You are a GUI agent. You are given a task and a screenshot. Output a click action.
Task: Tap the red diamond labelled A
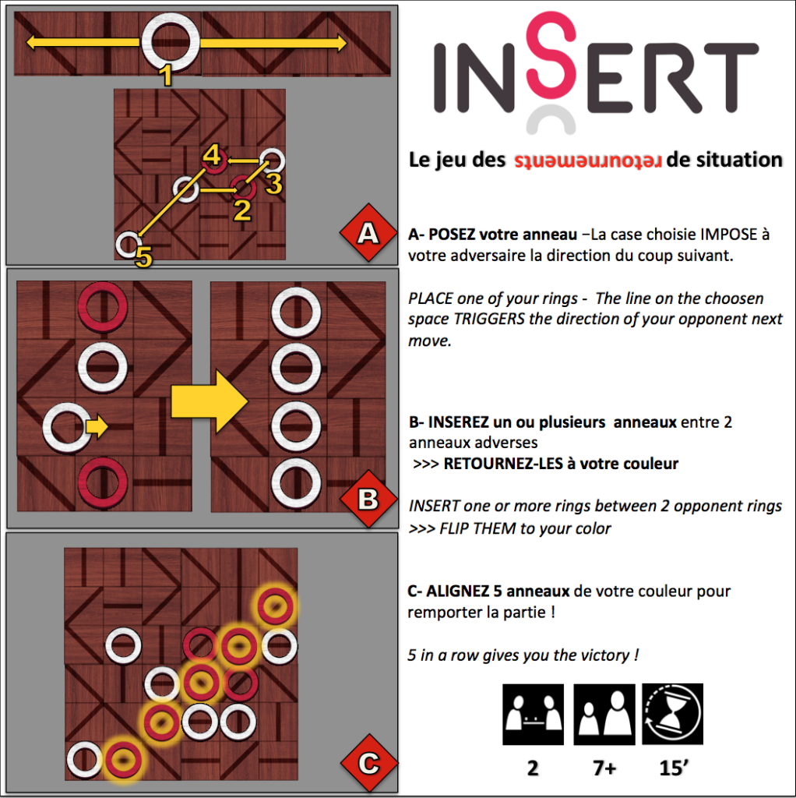(368, 233)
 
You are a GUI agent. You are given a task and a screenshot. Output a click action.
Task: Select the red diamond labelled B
(368, 499)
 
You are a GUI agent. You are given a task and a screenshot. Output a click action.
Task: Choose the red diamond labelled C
(368, 763)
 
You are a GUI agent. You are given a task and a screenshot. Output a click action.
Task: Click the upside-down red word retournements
(587, 161)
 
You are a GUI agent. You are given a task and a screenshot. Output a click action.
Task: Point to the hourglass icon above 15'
(672, 714)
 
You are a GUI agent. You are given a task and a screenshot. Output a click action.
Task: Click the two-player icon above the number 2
(533, 715)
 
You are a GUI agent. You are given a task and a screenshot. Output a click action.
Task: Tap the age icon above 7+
(604, 715)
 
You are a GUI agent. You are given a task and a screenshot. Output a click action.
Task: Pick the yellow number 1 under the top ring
(166, 76)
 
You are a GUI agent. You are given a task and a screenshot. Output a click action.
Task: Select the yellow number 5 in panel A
(144, 257)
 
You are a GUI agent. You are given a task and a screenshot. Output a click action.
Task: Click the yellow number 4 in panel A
(212, 155)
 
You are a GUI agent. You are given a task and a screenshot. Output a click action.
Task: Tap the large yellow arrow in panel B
(210, 401)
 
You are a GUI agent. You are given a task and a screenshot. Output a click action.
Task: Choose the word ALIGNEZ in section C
(457, 591)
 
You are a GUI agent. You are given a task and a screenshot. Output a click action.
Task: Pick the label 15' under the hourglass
(674, 768)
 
